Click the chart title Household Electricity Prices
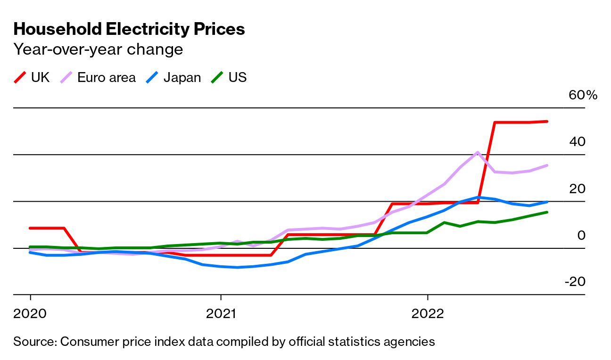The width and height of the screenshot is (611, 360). (x=129, y=29)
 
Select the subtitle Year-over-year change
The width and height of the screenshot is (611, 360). (x=98, y=49)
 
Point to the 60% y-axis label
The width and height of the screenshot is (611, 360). (x=583, y=95)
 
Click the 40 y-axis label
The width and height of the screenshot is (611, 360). (x=577, y=142)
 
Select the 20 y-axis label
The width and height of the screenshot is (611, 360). (x=577, y=188)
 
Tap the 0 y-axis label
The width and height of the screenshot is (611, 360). (x=581, y=235)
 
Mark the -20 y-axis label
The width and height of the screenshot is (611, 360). (x=575, y=282)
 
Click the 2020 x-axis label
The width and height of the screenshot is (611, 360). (x=30, y=313)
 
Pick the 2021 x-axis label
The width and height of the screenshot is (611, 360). (x=221, y=313)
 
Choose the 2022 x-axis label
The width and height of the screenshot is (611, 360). (x=427, y=313)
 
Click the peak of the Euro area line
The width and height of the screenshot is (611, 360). (x=478, y=152)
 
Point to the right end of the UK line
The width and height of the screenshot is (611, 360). (x=547, y=122)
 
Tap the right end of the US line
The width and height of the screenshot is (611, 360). (x=547, y=212)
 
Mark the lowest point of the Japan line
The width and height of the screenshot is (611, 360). (x=238, y=267)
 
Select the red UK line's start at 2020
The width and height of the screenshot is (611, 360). (x=30, y=228)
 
